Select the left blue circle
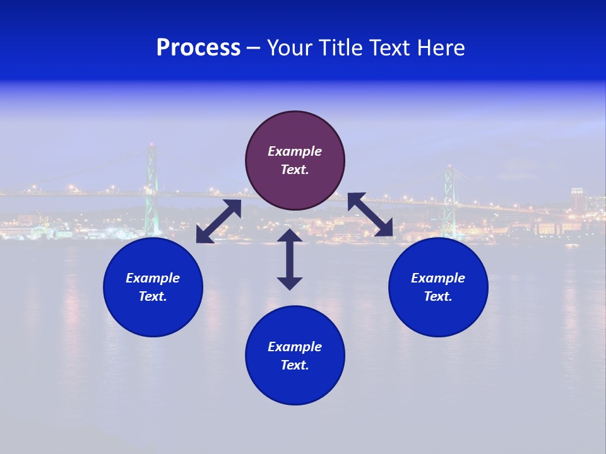pyautogui.click(x=153, y=287)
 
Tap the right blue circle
pyautogui.click(x=438, y=287)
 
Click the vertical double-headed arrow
pyautogui.click(x=290, y=259)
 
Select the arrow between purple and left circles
pyautogui.click(x=218, y=221)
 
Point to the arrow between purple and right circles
pyautogui.click(x=371, y=214)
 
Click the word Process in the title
pyautogui.click(x=198, y=48)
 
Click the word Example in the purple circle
pyautogui.click(x=295, y=151)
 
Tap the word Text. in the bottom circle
pyautogui.click(x=295, y=365)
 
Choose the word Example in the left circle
pyautogui.click(x=153, y=278)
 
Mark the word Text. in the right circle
pyautogui.click(x=438, y=296)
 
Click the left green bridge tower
pyautogui.click(x=151, y=189)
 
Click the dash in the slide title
pyautogui.click(x=253, y=48)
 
